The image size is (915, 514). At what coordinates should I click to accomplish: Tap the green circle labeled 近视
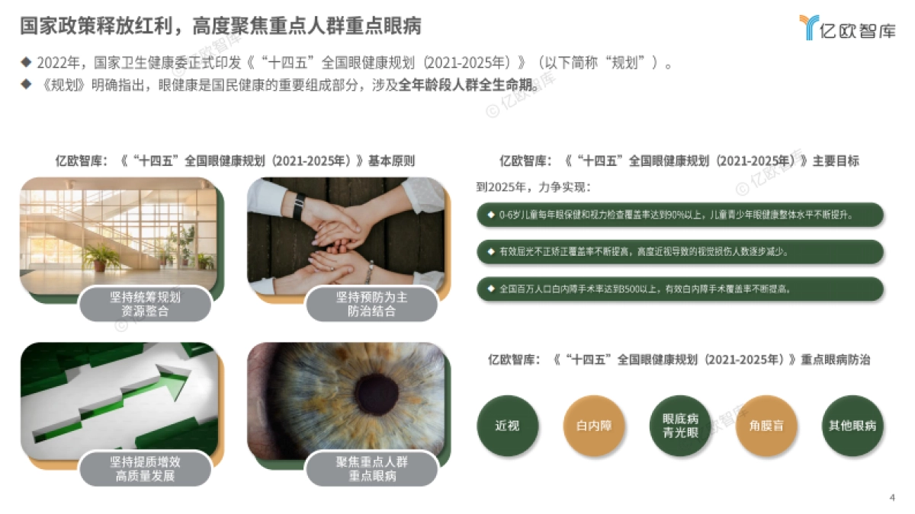pos(507,426)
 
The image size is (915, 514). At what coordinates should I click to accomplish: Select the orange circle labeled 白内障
pos(594,426)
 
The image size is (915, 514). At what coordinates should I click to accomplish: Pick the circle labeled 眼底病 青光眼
pos(680,426)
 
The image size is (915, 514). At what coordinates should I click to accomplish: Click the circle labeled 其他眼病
pos(852,426)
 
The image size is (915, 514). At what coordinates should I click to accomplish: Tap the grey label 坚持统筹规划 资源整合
pos(145,304)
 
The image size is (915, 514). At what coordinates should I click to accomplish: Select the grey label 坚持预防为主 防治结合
pos(371,304)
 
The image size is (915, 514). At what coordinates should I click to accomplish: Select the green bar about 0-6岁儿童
pos(679,215)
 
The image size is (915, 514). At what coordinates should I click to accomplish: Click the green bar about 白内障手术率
pos(679,289)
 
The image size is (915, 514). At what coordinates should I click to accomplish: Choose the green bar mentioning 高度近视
pos(679,252)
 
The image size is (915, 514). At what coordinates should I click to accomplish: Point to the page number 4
pos(891,498)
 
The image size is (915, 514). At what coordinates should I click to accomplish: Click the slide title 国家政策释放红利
pos(220,26)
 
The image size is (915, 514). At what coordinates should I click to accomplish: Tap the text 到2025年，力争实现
pos(533,187)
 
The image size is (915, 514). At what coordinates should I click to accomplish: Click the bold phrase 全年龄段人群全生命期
pos(468,84)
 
